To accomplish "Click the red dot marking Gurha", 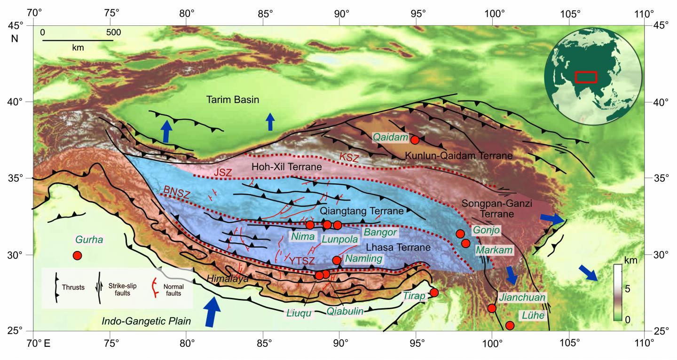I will coord(77,256).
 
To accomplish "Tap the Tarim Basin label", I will coord(233,100).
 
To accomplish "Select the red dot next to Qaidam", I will coord(415,140).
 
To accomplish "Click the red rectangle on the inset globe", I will coord(586,77).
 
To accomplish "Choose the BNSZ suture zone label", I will coord(173,192).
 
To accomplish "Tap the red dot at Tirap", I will coord(434,292).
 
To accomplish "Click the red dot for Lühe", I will coord(510,325).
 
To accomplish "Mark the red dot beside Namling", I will coord(336,260).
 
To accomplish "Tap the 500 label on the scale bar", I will coord(113,32).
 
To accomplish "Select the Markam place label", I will coord(494,250).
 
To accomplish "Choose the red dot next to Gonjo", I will coord(460,234).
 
